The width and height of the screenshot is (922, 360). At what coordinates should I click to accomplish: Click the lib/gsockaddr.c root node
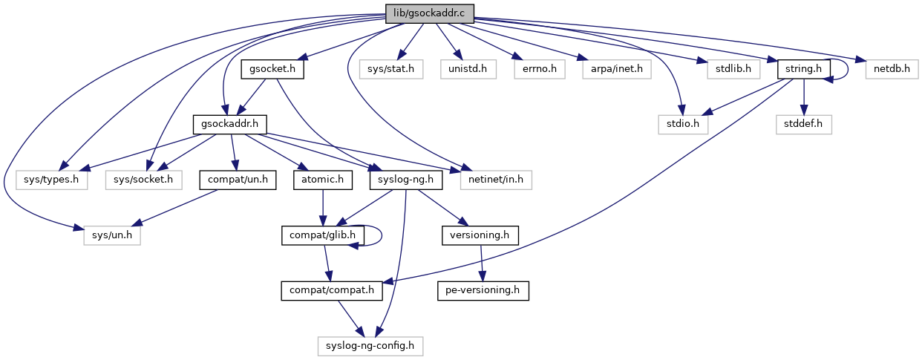tap(429, 13)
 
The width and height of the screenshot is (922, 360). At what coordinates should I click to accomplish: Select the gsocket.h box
tap(272, 69)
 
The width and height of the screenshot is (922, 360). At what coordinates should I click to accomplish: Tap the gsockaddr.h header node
tap(229, 124)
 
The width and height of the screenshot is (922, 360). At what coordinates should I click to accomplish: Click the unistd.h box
tap(468, 69)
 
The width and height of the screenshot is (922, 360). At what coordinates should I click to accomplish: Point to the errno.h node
tap(539, 69)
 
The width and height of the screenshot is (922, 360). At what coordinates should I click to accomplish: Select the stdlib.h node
tap(728, 69)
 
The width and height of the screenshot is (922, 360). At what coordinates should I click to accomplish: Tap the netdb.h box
tap(892, 69)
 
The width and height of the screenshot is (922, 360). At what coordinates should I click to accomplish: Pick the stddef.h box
tap(803, 124)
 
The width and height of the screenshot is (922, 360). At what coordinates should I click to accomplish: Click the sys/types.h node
tap(52, 179)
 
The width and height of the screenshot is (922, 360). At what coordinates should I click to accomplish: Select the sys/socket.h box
tap(144, 179)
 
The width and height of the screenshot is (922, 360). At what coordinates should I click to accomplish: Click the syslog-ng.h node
tap(405, 179)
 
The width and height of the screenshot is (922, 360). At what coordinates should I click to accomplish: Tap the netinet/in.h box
tap(496, 179)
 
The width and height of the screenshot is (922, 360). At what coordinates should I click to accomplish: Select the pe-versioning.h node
tap(483, 290)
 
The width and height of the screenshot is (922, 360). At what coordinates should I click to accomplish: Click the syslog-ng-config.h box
tap(370, 345)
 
